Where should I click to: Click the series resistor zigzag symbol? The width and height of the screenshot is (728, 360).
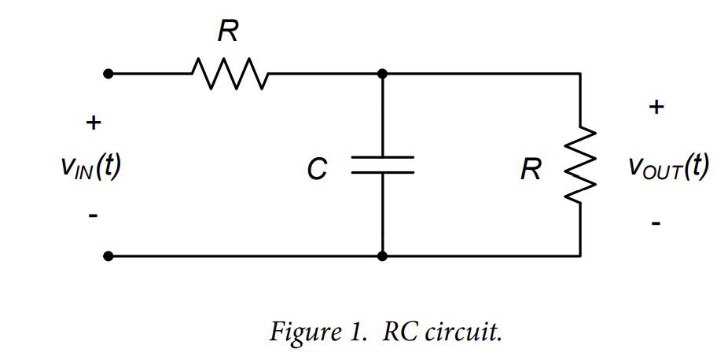click(230, 74)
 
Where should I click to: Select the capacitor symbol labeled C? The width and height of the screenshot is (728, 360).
click(382, 164)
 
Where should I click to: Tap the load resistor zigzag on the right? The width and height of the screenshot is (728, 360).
click(581, 164)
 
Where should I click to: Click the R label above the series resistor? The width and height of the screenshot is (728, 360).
click(229, 32)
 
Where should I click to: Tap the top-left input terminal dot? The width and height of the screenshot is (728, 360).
click(108, 74)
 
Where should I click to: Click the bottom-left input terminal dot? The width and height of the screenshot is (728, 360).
click(108, 256)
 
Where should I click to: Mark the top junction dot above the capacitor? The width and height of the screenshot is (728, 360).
click(382, 74)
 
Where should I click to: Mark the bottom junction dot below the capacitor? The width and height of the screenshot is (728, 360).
click(382, 256)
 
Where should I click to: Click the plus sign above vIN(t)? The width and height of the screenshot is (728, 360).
click(93, 123)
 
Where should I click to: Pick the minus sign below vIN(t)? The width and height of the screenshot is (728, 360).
click(93, 214)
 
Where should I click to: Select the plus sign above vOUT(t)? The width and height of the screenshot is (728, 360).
click(656, 107)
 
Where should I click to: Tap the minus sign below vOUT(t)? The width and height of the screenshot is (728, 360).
click(656, 225)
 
